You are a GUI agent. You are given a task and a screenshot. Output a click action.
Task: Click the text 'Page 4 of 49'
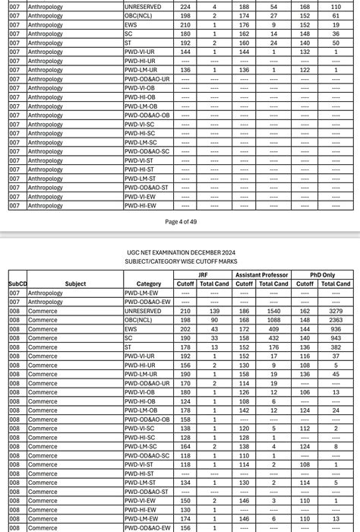pyautogui.click(x=181, y=222)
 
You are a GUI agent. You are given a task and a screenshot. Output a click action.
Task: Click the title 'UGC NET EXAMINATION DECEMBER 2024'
pyautogui.click(x=180, y=252)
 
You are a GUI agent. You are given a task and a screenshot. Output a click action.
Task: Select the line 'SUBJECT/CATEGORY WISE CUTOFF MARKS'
pyautogui.click(x=180, y=261)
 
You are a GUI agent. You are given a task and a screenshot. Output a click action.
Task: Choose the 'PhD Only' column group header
pyautogui.click(x=323, y=275)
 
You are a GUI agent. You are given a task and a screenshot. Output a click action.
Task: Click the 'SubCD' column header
pyautogui.click(x=17, y=284)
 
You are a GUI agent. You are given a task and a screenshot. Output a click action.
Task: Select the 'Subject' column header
pyautogui.click(x=75, y=284)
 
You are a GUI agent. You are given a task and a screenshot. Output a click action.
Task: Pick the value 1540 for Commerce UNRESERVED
pyautogui.click(x=273, y=311)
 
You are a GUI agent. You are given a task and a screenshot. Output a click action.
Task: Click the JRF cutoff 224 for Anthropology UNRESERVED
pyautogui.click(x=185, y=7)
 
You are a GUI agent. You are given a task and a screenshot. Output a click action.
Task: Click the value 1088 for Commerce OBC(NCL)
pyautogui.click(x=273, y=320)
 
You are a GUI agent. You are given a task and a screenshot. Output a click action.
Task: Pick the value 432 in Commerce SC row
pyautogui.click(x=273, y=338)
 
